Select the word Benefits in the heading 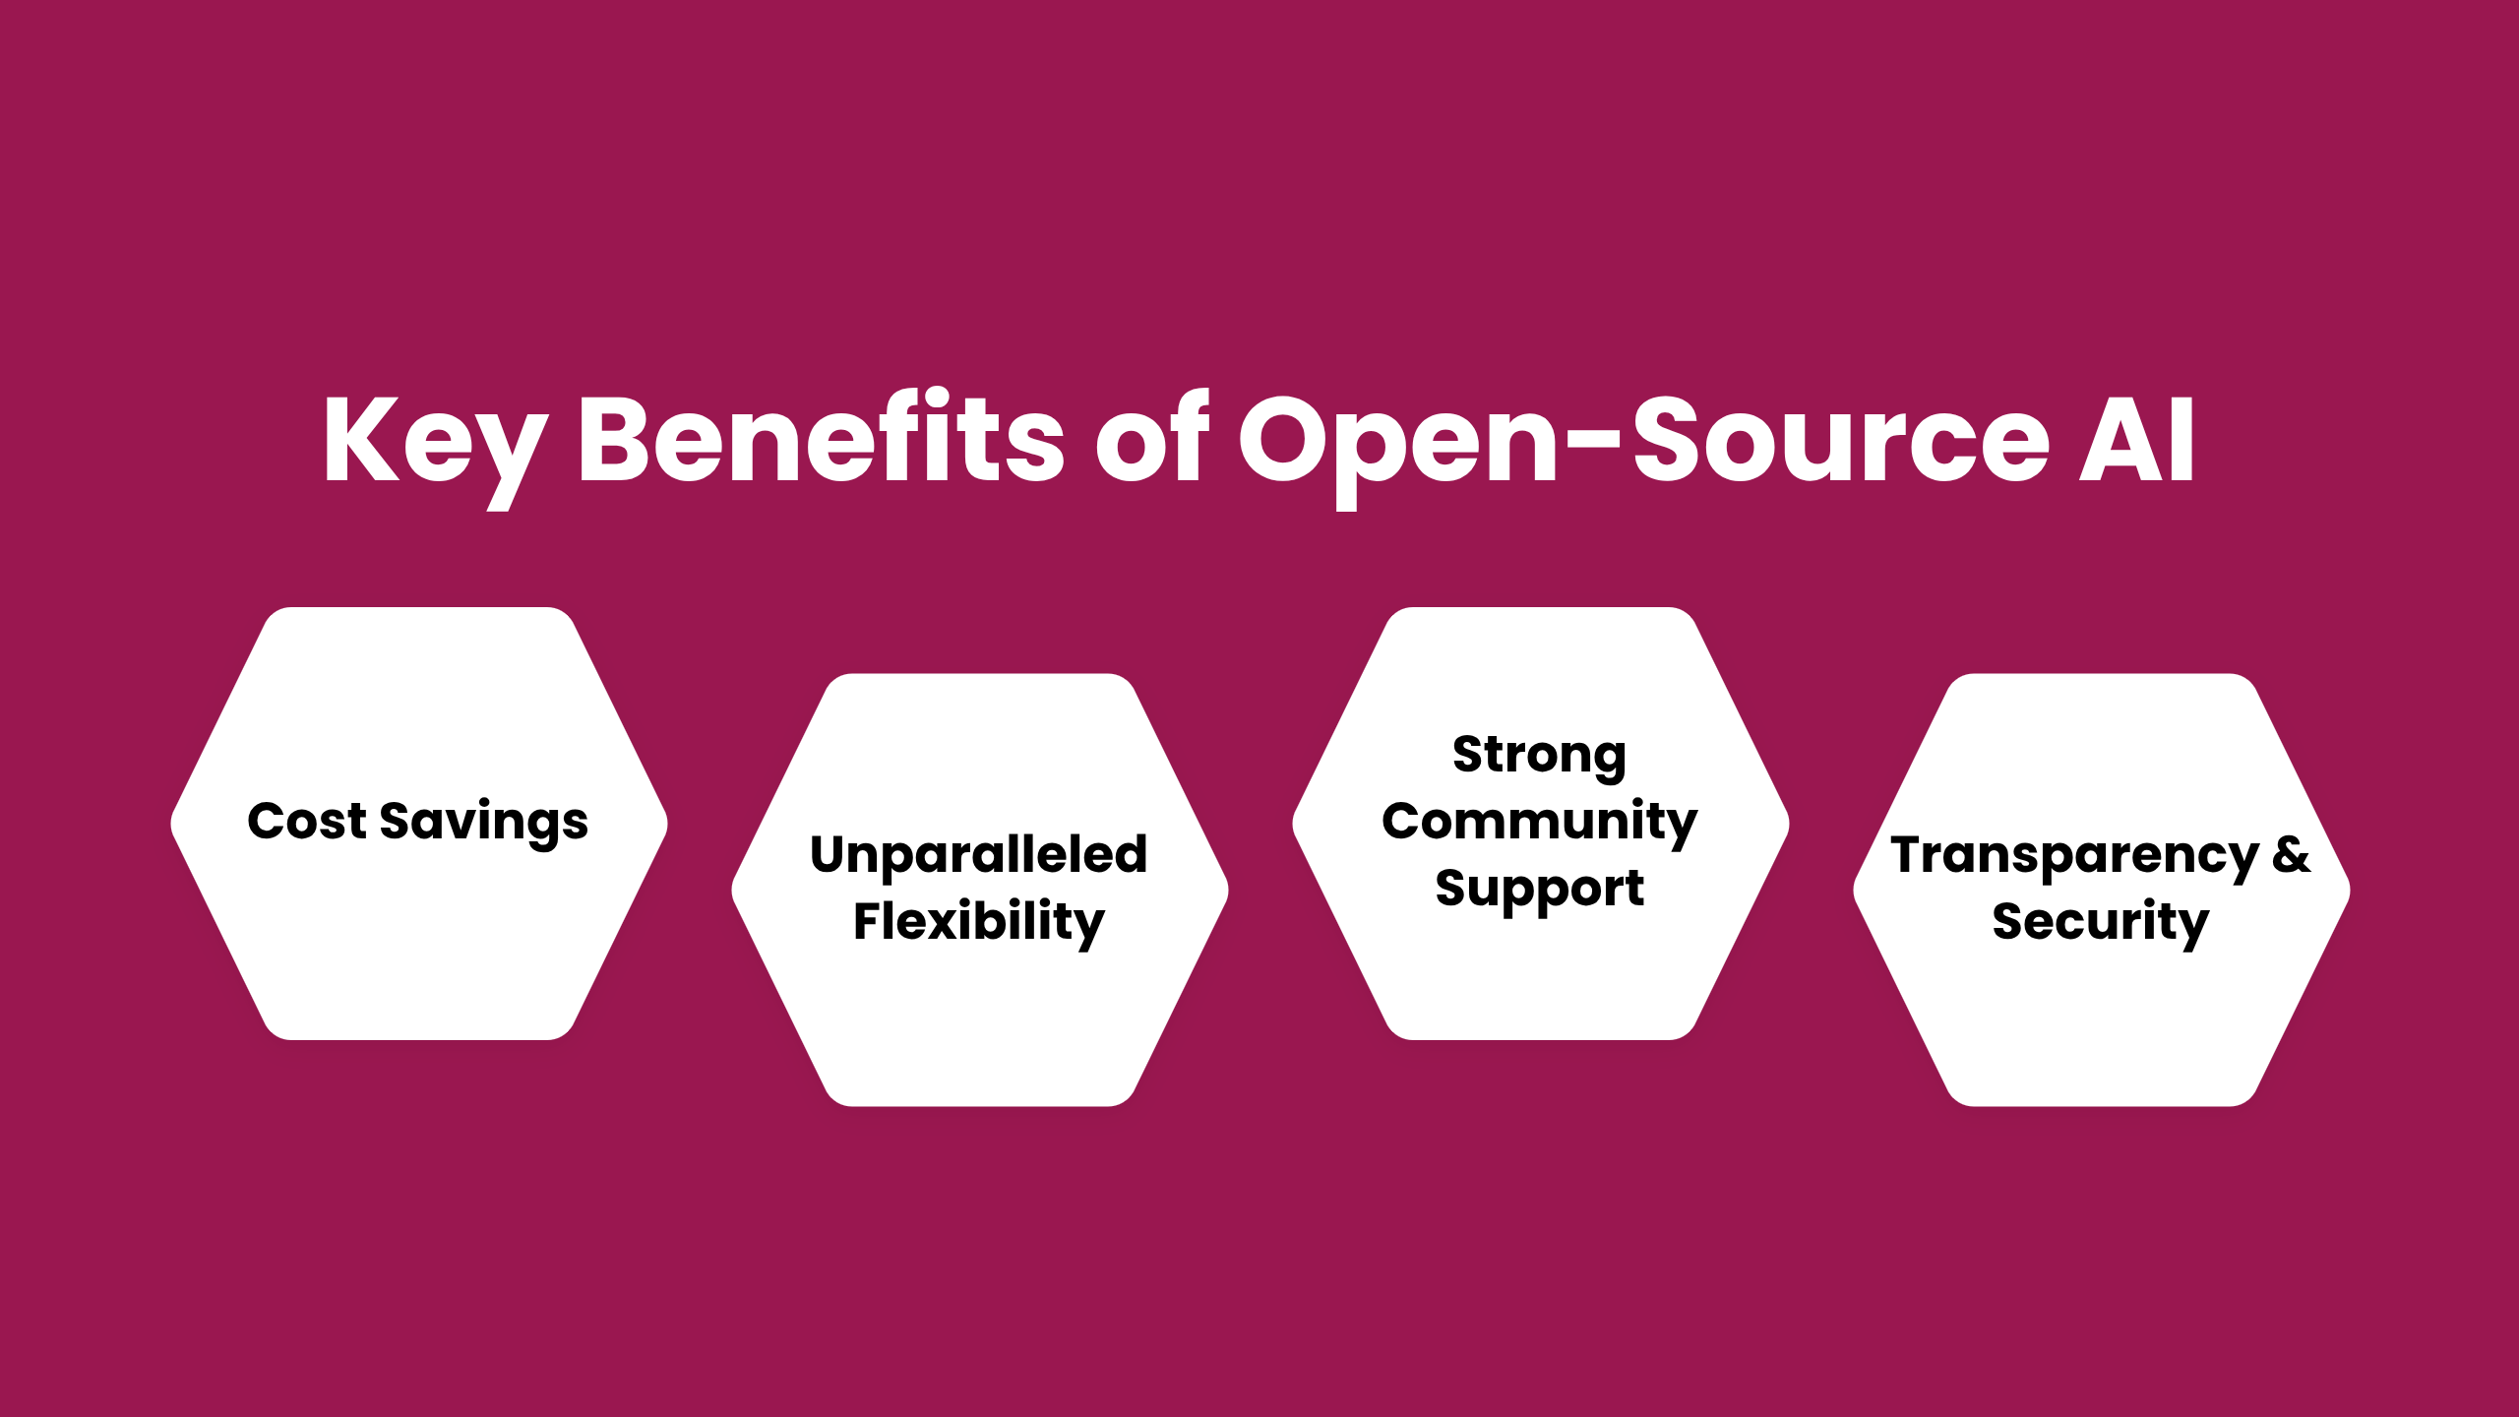822,438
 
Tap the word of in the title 1151,438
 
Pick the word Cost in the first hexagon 306,821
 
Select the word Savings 483,823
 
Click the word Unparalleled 979,854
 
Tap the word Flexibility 979,922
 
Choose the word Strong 1539,756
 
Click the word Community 1539,822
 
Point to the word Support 1539,890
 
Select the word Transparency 2074,855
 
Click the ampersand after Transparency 2291,854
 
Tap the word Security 2101,922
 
